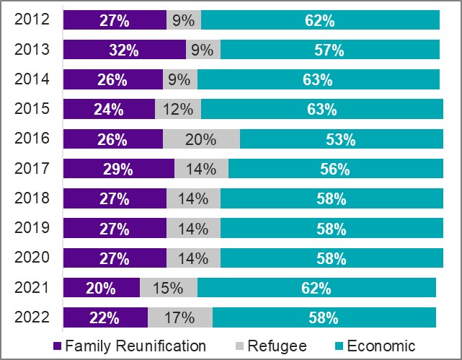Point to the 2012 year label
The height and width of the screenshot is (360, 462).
[x=32, y=19]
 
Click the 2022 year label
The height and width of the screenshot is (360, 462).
[x=32, y=317]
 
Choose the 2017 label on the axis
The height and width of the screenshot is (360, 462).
[x=32, y=169]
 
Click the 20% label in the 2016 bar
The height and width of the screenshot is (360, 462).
[x=200, y=140]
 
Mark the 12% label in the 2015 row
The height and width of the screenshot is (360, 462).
[x=178, y=110]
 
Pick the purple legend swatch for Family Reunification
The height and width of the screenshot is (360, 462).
[x=58, y=346]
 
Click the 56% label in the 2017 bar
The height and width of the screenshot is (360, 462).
[x=334, y=170]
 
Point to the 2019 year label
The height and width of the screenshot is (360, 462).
[x=32, y=228]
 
